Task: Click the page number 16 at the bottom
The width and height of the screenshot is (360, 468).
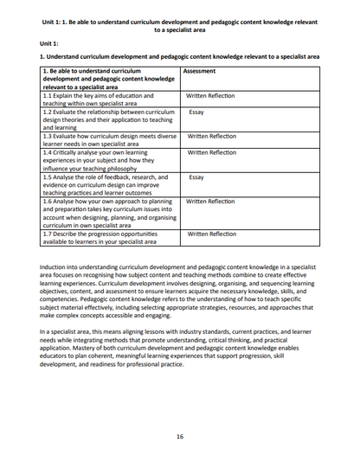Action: (180, 436)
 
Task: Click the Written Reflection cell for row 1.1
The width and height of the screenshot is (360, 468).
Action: (210, 95)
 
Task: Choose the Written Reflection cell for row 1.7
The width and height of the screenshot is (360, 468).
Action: (211, 234)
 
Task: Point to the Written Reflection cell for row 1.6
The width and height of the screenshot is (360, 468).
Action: (210, 202)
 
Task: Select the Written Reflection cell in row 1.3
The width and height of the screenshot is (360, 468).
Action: (211, 136)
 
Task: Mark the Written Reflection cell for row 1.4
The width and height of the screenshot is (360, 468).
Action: (211, 152)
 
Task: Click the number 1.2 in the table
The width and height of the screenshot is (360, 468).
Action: (48, 112)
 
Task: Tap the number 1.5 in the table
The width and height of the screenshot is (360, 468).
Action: (48, 176)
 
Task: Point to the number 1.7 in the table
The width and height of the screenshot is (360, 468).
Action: (48, 234)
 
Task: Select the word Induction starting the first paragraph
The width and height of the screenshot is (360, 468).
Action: (55, 268)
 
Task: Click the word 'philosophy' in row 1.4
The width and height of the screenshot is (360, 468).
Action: (133, 168)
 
